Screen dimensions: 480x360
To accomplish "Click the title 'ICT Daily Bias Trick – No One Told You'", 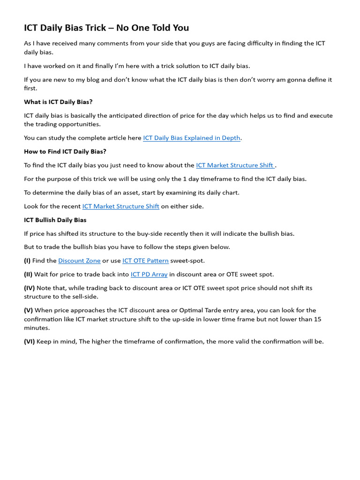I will (106, 28).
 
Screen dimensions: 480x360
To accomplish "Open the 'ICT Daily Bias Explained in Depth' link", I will (192, 138).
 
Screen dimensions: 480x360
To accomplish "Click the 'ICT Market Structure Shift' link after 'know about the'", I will (235, 165).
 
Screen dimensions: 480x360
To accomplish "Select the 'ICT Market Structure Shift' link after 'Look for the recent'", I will (121, 206).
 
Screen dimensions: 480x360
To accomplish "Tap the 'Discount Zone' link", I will (79, 261).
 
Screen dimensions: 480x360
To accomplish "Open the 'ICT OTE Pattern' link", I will (145, 261).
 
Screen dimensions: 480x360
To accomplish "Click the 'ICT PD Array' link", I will (149, 274).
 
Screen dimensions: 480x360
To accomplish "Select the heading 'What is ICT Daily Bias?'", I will (58, 102).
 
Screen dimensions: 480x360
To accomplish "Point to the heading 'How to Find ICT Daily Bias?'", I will (65, 151).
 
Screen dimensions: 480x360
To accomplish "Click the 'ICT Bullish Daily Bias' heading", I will (55, 220).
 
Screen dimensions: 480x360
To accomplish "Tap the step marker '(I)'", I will (27, 261).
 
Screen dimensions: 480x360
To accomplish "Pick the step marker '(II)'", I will (28, 274).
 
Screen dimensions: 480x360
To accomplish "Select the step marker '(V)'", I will (29, 310).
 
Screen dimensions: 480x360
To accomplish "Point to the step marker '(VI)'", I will (30, 342).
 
